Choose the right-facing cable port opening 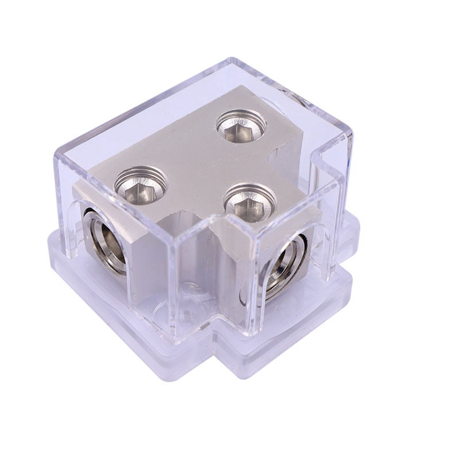(285, 266)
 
